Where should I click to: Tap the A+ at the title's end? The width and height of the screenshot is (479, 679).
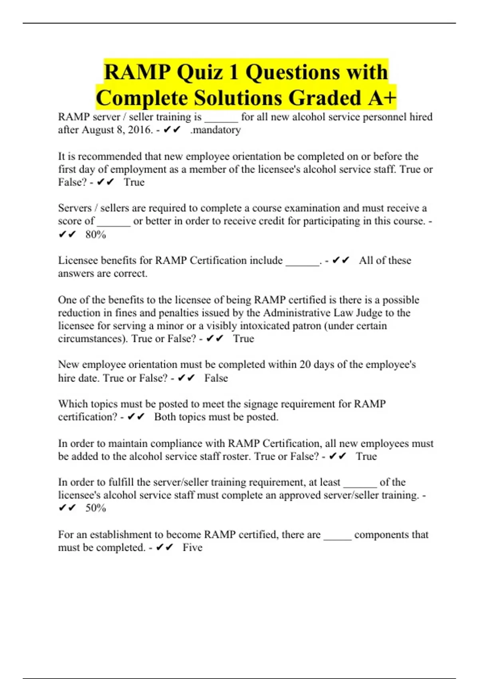coord(382,98)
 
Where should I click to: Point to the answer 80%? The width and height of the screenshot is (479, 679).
coord(95,234)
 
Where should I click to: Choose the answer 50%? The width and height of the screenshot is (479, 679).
coord(95,508)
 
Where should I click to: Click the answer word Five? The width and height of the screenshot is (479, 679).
coord(192,547)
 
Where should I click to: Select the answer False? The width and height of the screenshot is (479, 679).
coord(216,378)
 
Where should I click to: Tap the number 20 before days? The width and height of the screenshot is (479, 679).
coord(305,365)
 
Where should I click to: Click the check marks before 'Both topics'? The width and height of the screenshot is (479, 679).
coord(136,417)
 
